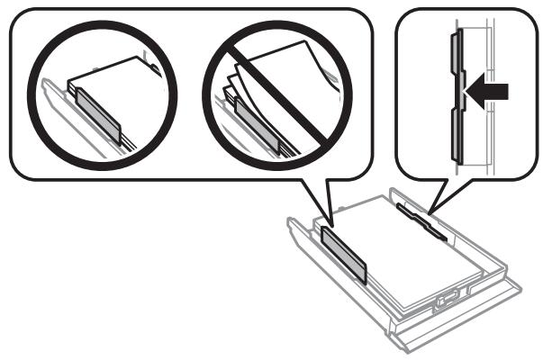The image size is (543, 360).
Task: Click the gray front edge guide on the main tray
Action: coord(345,255)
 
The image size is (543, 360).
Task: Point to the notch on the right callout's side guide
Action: coord(461,90)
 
